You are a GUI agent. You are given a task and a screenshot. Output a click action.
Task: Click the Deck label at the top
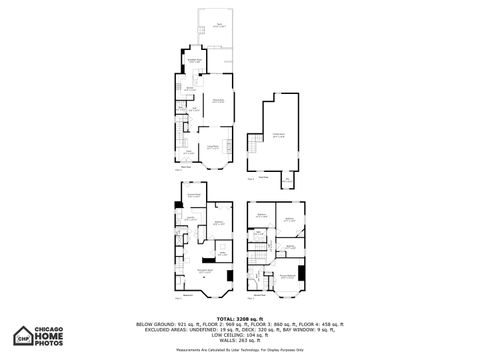(x=218, y=24)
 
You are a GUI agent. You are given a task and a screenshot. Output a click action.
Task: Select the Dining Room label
(x=217, y=101)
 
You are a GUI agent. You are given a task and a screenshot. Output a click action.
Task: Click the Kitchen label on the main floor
(x=190, y=88)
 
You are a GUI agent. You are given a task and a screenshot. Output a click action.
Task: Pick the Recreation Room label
(x=205, y=270)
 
